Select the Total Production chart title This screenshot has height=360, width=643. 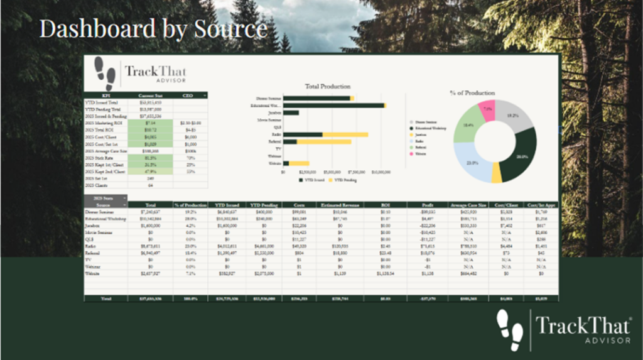click(x=327, y=86)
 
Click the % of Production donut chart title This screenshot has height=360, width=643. click(x=472, y=93)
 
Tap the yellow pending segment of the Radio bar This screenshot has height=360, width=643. click(x=345, y=134)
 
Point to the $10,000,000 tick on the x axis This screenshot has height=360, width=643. click(x=381, y=171)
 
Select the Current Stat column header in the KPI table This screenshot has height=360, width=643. click(x=150, y=95)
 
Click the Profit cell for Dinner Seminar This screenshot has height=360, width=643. click(x=427, y=214)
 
